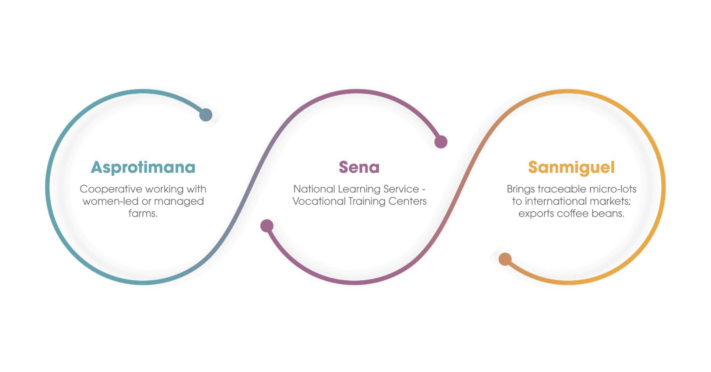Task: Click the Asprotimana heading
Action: coord(143,167)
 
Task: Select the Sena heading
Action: coord(359,167)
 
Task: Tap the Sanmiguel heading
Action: coord(571,167)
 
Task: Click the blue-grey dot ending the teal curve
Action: coord(206,115)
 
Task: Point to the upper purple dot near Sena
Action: coord(441,142)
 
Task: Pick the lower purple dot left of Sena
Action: coord(267,226)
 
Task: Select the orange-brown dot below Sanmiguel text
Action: coord(505,259)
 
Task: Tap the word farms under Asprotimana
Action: coord(143,214)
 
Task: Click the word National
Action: coord(314,189)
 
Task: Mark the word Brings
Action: coord(521,189)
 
